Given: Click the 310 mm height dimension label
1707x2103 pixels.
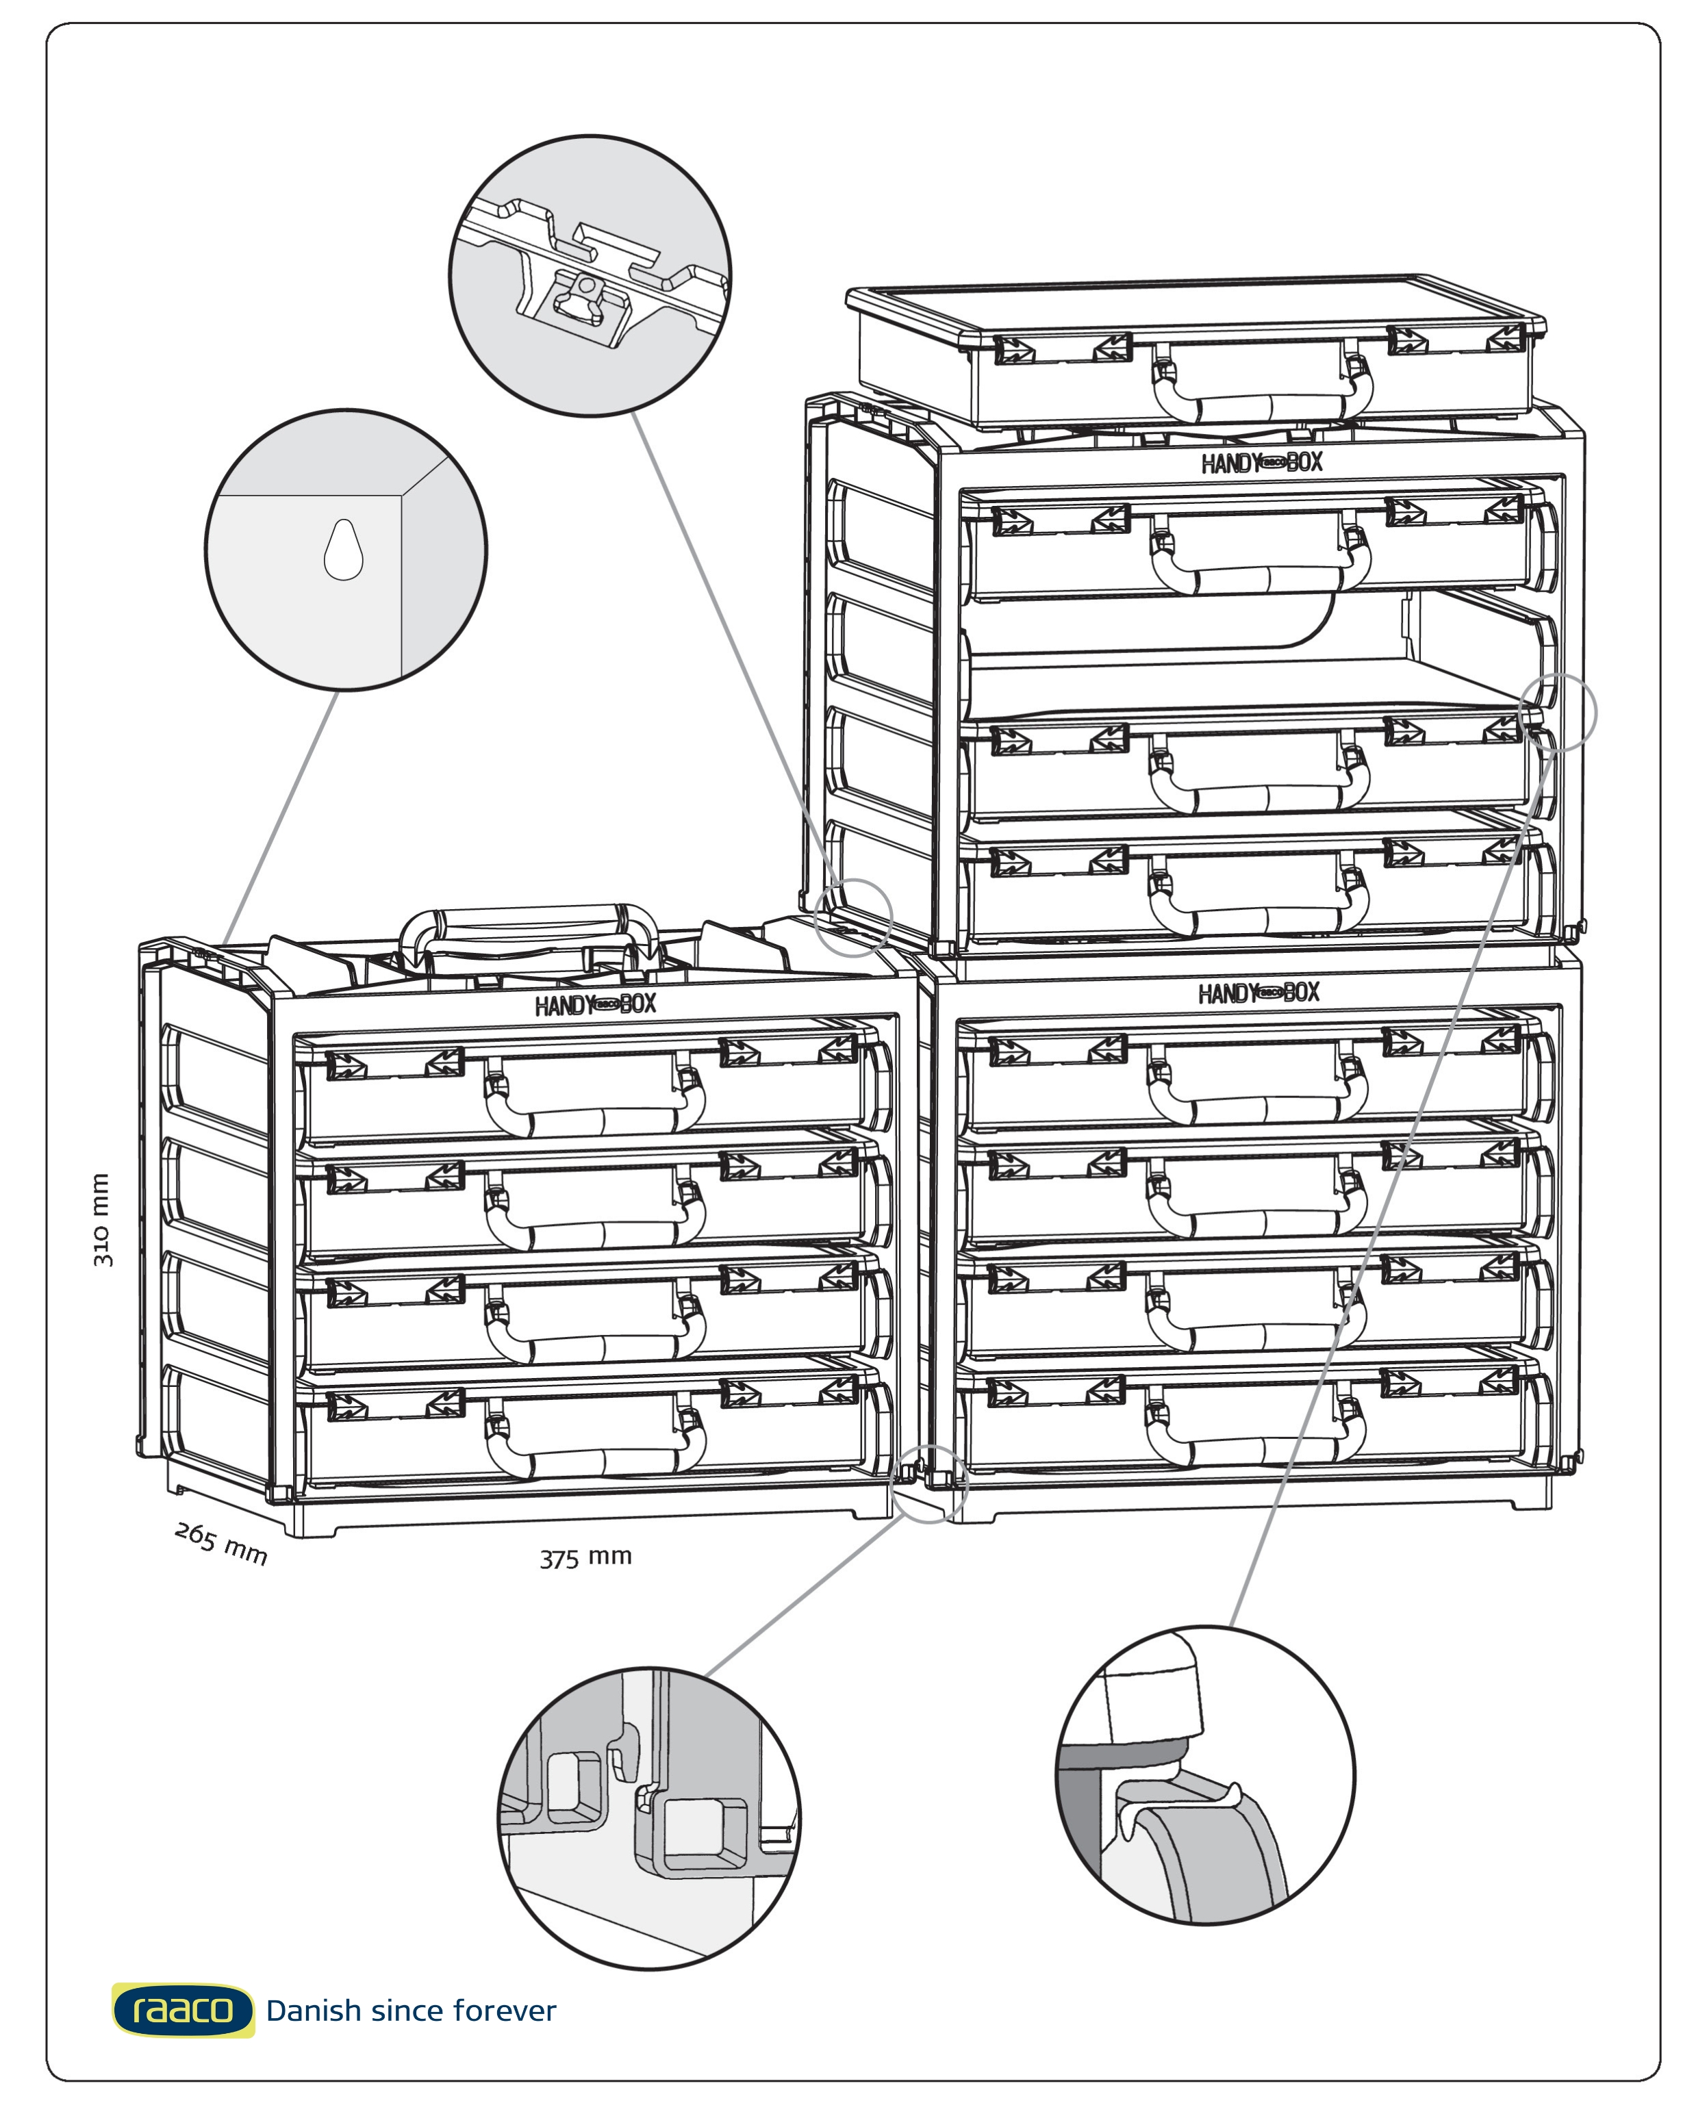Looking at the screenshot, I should click(x=102, y=1219).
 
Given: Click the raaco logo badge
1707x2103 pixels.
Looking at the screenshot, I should click(x=183, y=2011).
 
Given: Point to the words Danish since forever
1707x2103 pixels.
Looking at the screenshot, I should click(x=411, y=2011).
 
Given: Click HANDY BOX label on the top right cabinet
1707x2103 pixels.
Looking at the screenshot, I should click(x=1261, y=462).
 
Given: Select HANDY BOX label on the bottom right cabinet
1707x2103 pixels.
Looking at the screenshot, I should click(x=1259, y=993).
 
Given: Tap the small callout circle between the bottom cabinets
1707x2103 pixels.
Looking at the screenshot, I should click(x=928, y=1485).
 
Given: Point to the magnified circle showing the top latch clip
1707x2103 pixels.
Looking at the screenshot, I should click(x=590, y=275).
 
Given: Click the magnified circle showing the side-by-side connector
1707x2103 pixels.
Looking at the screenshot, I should click(x=649, y=1818).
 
